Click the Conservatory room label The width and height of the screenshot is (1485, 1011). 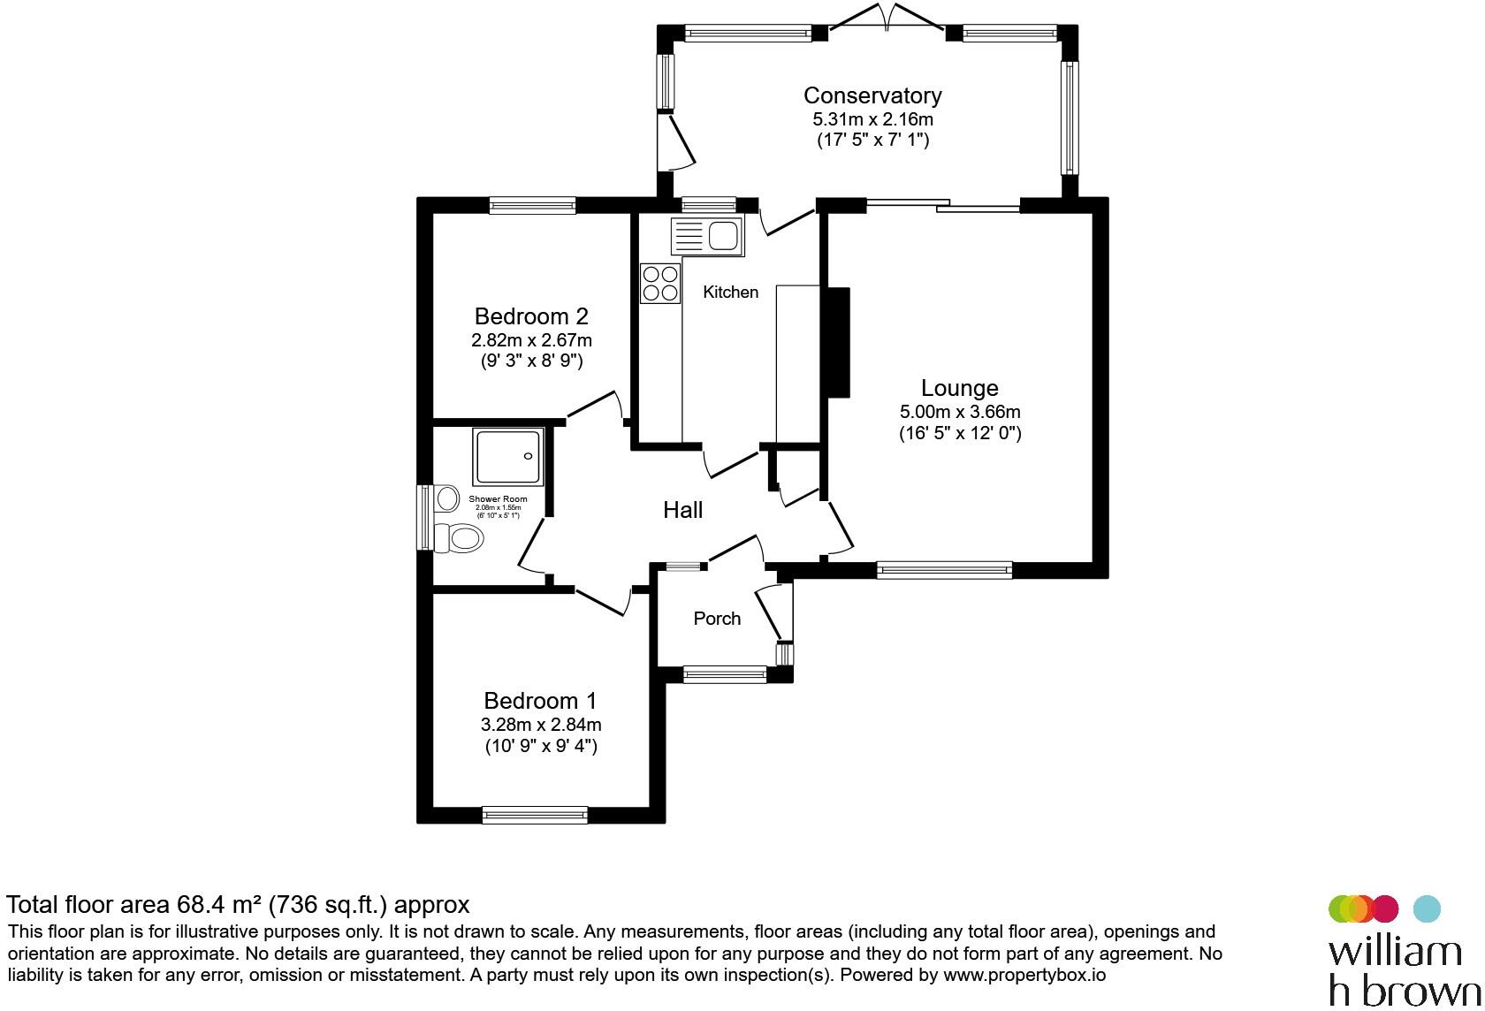click(x=872, y=95)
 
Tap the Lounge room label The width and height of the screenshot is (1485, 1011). click(x=959, y=388)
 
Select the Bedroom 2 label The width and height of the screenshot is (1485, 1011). click(x=531, y=316)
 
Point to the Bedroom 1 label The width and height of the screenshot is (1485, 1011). click(x=540, y=702)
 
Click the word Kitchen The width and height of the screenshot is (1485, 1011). click(x=730, y=293)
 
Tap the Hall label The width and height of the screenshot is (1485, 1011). click(x=682, y=510)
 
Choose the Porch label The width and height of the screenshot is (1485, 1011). click(x=717, y=619)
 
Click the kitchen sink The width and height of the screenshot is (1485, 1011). click(x=709, y=236)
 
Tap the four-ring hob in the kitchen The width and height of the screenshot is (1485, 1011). click(x=660, y=284)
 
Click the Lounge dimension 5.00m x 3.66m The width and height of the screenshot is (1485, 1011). click(x=959, y=412)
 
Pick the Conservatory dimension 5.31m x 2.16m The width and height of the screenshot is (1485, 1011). click(x=872, y=119)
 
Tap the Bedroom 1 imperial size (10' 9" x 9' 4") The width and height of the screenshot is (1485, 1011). click(x=541, y=747)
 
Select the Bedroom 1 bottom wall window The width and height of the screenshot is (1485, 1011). click(x=535, y=815)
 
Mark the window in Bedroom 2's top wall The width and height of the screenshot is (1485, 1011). click(x=532, y=206)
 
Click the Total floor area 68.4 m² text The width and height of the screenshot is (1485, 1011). click(x=238, y=905)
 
